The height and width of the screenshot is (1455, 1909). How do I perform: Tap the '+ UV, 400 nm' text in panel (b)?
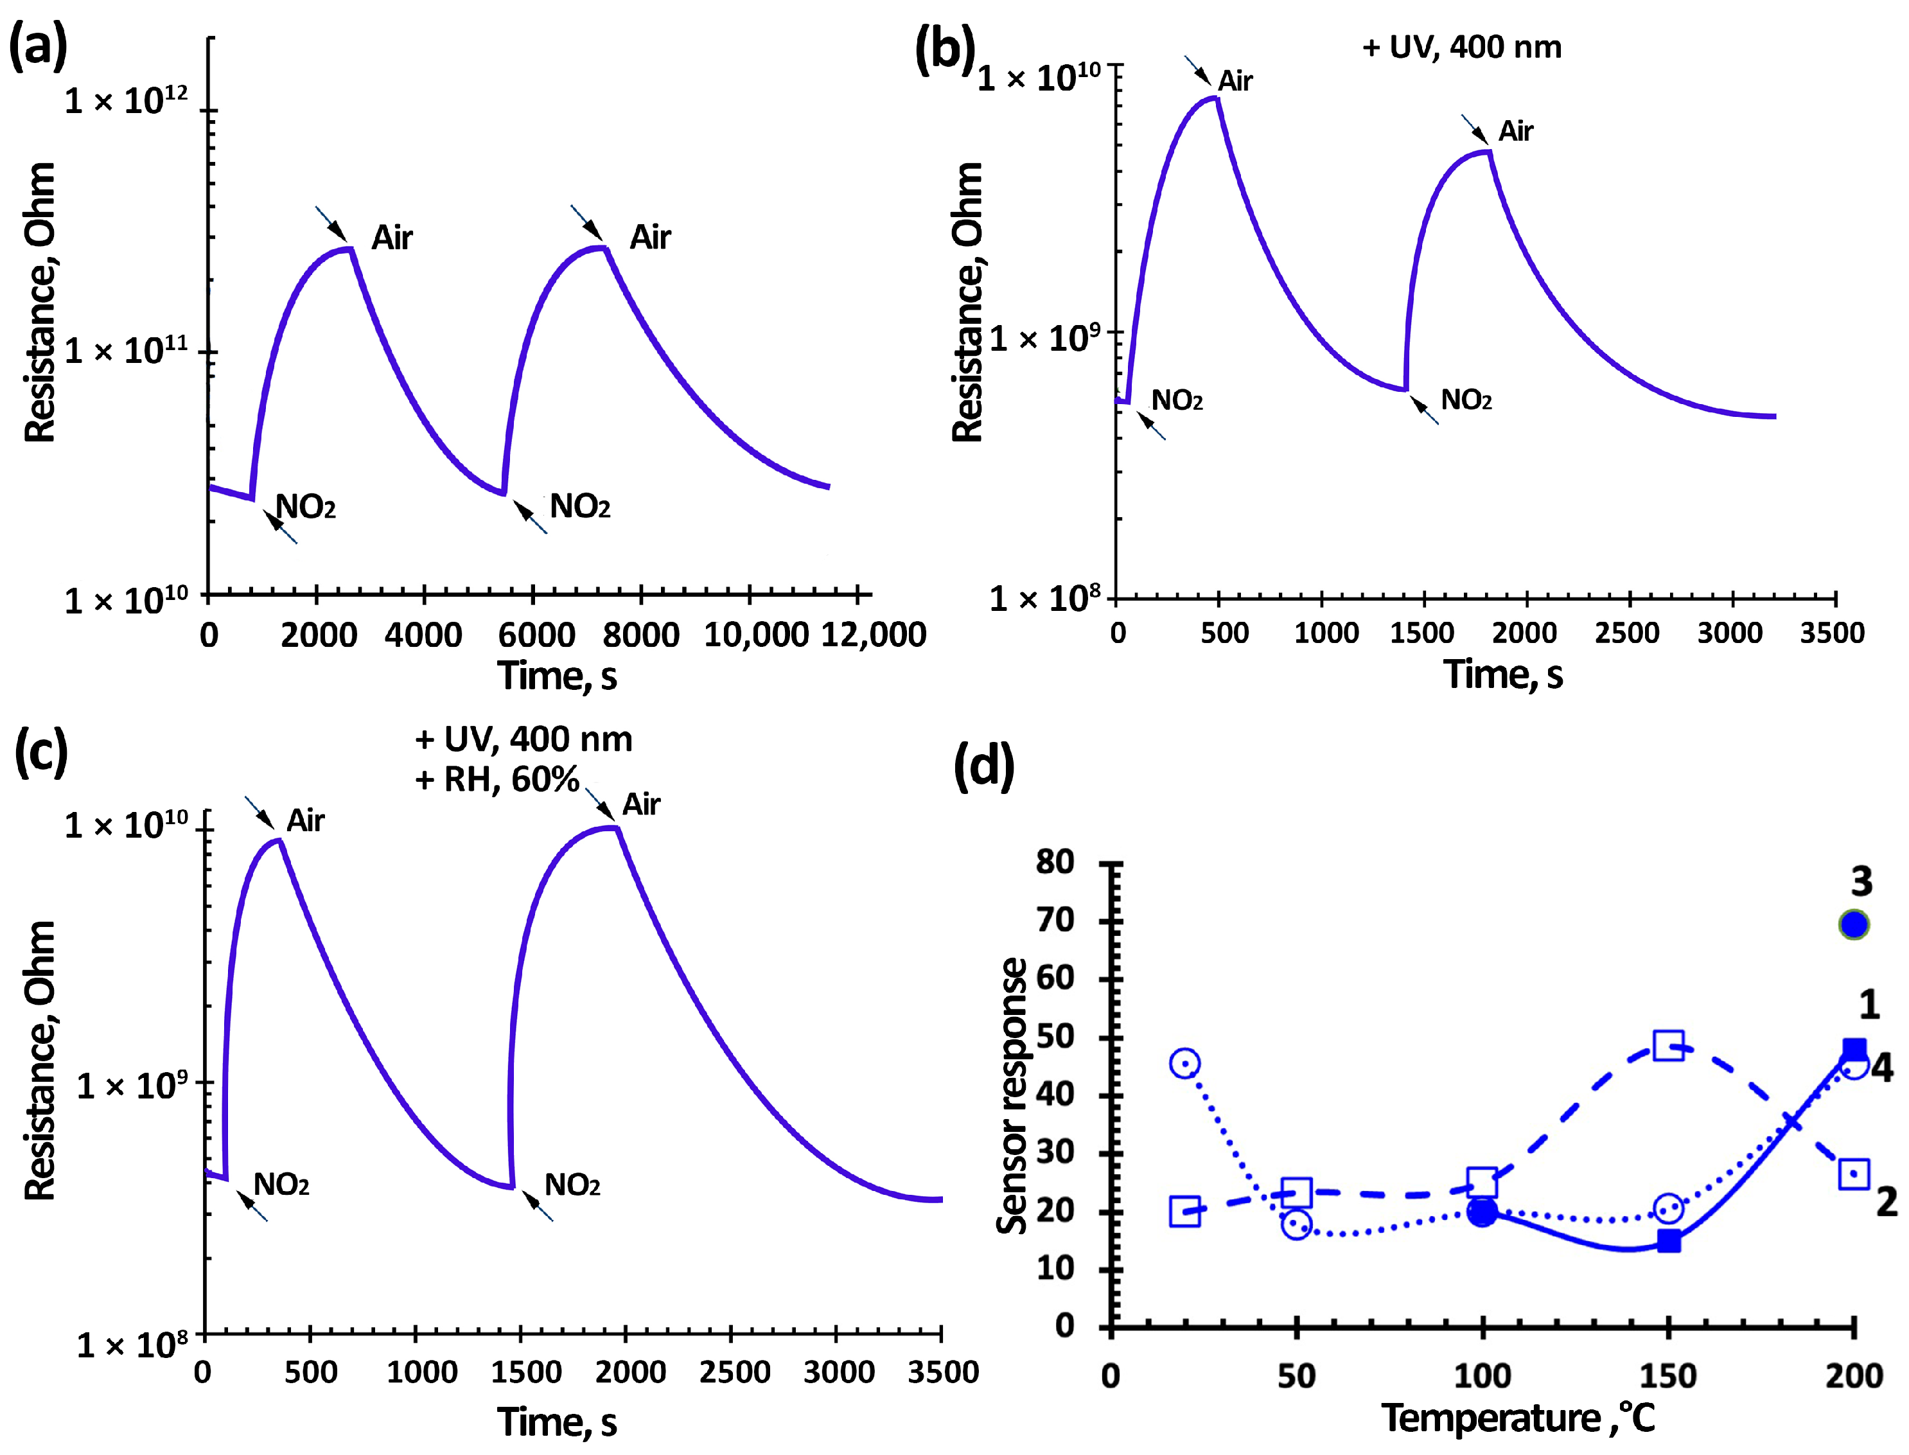pyautogui.click(x=1461, y=47)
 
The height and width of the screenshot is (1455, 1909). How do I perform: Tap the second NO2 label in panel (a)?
pyautogui.click(x=579, y=507)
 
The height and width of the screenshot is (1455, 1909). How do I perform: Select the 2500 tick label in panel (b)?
pyautogui.click(x=1627, y=633)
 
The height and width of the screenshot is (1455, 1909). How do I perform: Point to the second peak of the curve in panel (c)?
pyautogui.click(x=611, y=828)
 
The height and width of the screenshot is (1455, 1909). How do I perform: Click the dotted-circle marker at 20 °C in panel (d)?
pyautogui.click(x=1184, y=1063)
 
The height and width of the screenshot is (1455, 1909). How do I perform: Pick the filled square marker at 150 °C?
pyautogui.click(x=1668, y=1241)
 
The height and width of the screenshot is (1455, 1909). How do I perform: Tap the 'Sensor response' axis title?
pyautogui.click(x=1011, y=1095)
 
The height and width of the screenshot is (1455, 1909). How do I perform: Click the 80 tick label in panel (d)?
pyautogui.click(x=1055, y=861)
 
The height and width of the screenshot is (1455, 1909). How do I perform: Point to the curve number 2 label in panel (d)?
pyautogui.click(x=1887, y=1201)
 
